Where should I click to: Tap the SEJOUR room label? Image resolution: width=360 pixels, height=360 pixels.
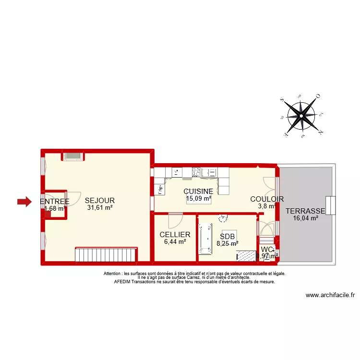(x=100, y=200)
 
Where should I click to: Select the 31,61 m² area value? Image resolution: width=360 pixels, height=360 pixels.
(x=100, y=208)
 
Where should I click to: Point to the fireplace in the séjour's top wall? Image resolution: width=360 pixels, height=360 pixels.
(x=73, y=156)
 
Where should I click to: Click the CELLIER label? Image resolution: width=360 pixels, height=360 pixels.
(x=175, y=235)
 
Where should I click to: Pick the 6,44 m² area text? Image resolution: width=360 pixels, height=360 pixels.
(x=175, y=242)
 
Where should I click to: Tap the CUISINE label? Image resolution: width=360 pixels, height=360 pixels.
(x=198, y=191)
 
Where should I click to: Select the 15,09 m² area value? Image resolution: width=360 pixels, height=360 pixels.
(x=198, y=198)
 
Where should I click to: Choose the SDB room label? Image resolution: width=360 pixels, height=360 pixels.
(x=227, y=236)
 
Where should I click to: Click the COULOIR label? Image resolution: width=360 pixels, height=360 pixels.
(x=267, y=199)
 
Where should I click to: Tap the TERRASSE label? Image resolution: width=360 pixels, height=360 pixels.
(x=305, y=211)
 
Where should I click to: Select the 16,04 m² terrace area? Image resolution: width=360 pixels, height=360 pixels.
(x=305, y=218)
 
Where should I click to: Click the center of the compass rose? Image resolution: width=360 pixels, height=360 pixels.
(x=301, y=116)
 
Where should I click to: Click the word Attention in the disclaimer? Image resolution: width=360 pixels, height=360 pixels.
(x=112, y=274)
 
